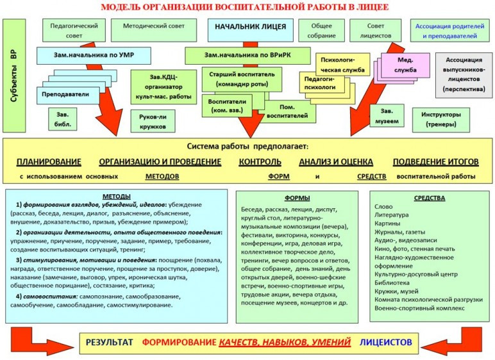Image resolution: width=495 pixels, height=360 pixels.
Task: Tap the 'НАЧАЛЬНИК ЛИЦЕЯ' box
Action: click(251, 28)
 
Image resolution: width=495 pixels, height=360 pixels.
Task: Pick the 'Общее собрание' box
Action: click(321, 30)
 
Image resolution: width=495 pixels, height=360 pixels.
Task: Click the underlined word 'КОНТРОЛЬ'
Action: click(260, 161)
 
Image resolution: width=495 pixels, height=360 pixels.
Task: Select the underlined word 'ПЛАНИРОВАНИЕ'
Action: click(49, 161)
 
